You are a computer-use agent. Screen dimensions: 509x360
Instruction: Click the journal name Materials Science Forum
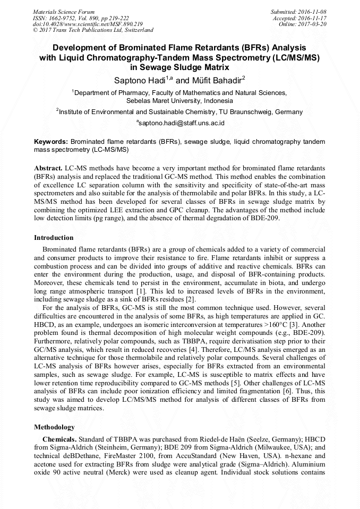[x=64, y=11]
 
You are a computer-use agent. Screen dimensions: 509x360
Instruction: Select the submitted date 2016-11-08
[x=312, y=11]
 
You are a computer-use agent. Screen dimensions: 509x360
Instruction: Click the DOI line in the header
[x=88, y=24]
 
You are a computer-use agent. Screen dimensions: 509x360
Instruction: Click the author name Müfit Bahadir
[x=216, y=81]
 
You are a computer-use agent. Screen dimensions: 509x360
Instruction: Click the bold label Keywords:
[x=51, y=142]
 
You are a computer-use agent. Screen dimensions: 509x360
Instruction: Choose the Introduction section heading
[x=54, y=237]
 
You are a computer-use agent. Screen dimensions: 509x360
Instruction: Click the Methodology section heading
[x=54, y=427]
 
